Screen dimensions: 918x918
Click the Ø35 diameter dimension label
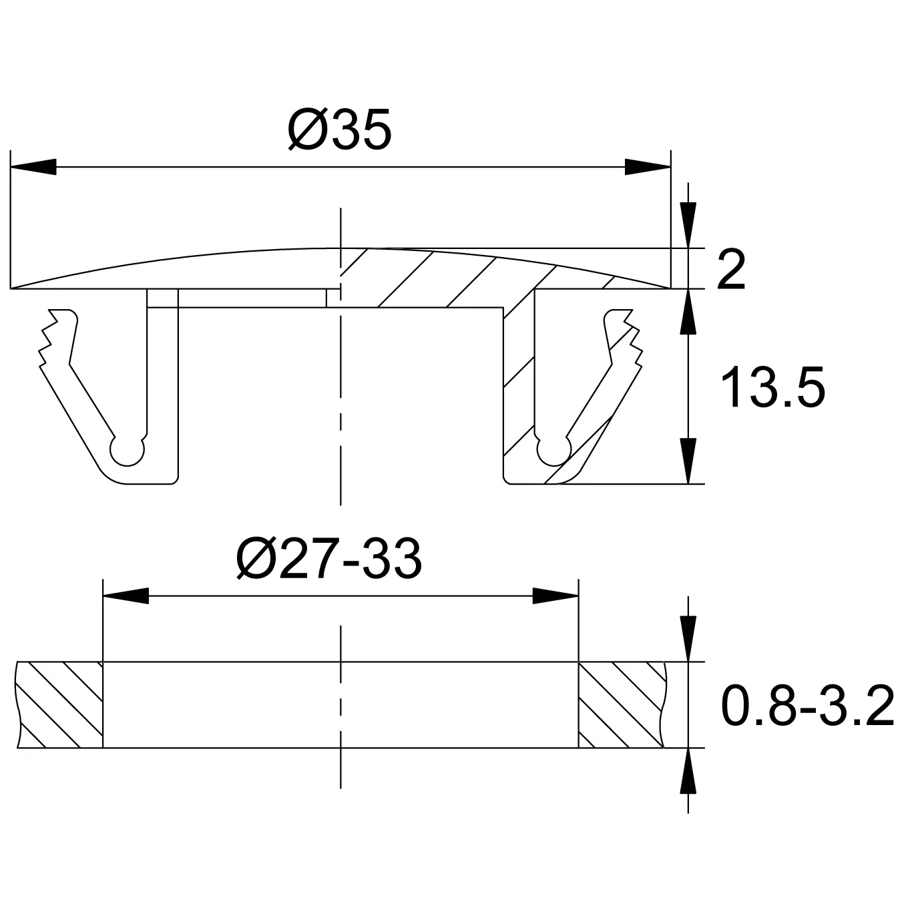coord(340,129)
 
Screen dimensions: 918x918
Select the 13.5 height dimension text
coord(772,387)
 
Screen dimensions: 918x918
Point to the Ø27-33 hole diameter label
coord(328,558)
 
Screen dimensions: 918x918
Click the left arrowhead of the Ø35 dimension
coord(33,167)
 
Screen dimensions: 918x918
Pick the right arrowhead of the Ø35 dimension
coord(648,167)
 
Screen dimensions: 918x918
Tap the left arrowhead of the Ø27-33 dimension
coord(126,596)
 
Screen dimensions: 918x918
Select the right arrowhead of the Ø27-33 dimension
coord(555,596)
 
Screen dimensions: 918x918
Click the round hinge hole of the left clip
coord(127,450)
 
